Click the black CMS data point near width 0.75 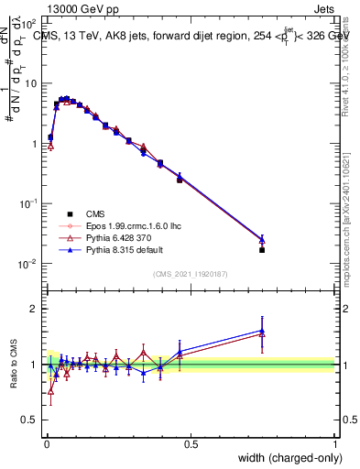click(x=262, y=249)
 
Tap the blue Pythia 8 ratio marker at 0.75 click(x=262, y=331)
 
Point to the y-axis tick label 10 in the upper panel click(x=30, y=83)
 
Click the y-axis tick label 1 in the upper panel click(x=33, y=144)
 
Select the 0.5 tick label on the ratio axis click(x=29, y=420)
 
